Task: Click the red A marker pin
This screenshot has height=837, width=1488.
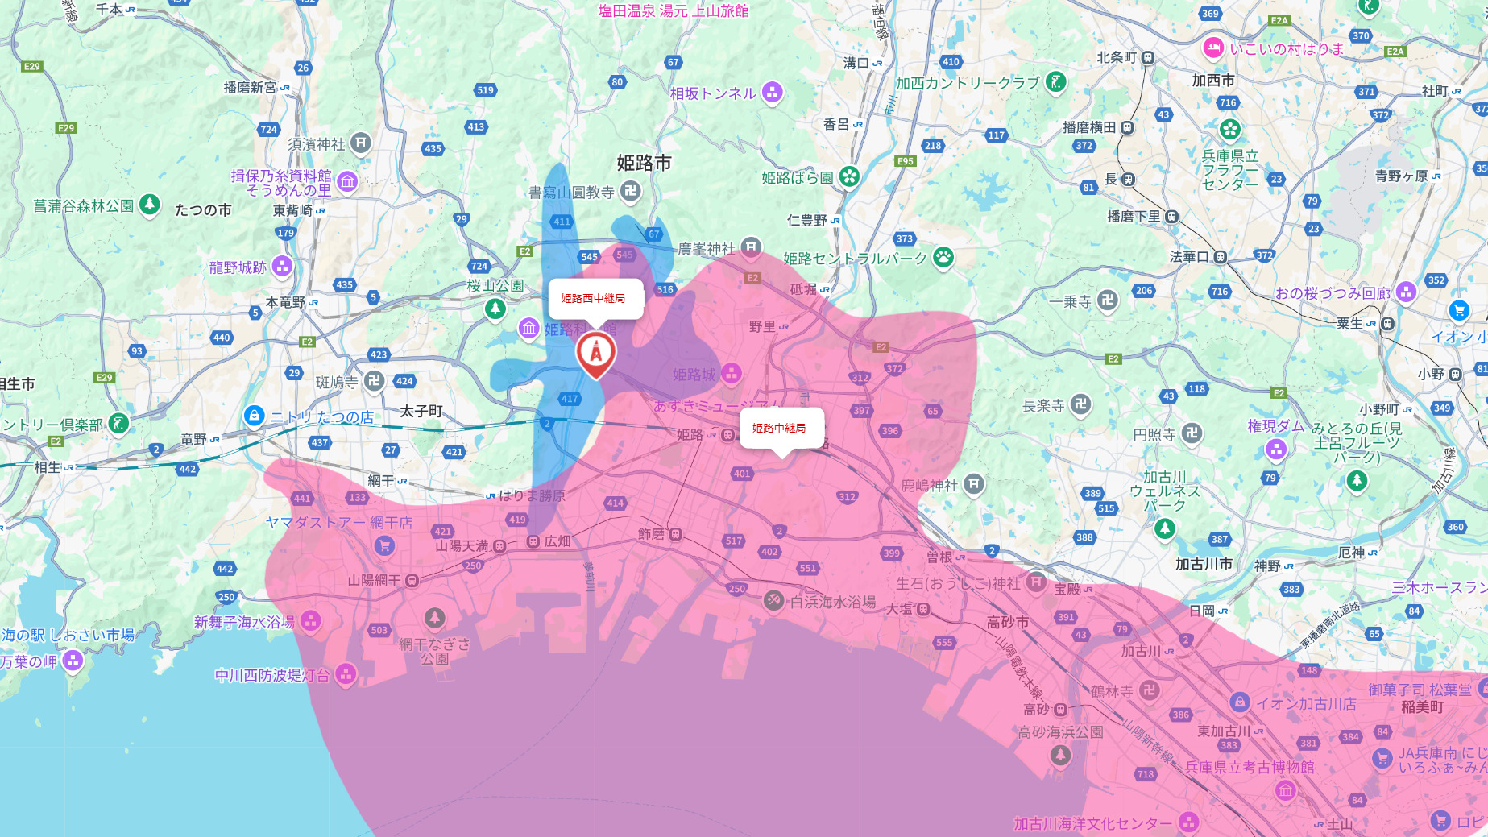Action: pyautogui.click(x=595, y=352)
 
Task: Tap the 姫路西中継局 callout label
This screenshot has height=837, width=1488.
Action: pyautogui.click(x=595, y=299)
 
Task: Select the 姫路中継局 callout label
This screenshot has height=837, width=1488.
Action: pyautogui.click(x=780, y=428)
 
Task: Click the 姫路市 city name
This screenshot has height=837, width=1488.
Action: pyautogui.click(x=644, y=163)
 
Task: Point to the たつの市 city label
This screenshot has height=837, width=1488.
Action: pyautogui.click(x=203, y=210)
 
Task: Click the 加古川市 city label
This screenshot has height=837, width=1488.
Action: pyautogui.click(x=1204, y=564)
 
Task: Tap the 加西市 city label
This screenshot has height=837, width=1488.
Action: pyautogui.click(x=1213, y=81)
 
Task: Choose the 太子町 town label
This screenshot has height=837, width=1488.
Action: pyautogui.click(x=421, y=411)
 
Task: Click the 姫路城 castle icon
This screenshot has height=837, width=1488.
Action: pyautogui.click(x=732, y=373)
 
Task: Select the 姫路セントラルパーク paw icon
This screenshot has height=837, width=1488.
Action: pyautogui.click(x=943, y=258)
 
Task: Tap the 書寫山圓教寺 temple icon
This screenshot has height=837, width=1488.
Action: pyautogui.click(x=631, y=191)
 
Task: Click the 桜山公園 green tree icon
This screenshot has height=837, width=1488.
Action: pyautogui.click(x=495, y=308)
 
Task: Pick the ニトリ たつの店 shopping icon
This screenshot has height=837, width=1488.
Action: pyautogui.click(x=255, y=416)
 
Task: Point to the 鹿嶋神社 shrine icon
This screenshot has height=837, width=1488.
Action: pyautogui.click(x=974, y=483)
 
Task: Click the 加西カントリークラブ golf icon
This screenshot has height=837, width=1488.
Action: pyautogui.click(x=1055, y=81)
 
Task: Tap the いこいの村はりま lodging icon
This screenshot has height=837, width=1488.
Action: pyautogui.click(x=1213, y=48)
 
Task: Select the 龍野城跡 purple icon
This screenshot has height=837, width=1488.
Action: pyautogui.click(x=282, y=266)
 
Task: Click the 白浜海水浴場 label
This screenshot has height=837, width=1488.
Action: pyautogui.click(x=832, y=602)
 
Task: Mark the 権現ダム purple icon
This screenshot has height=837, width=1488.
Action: pyautogui.click(x=1276, y=449)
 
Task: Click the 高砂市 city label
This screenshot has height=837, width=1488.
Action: pyautogui.click(x=1007, y=622)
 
